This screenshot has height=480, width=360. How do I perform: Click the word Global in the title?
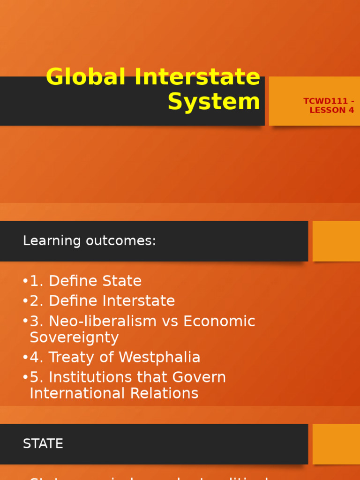pos(87,77)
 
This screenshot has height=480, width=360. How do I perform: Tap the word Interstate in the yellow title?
pos(197,77)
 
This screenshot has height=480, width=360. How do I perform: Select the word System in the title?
pos(214,102)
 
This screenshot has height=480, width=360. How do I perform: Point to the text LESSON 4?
pos(332,111)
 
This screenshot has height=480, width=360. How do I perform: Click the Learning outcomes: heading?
pos(89,241)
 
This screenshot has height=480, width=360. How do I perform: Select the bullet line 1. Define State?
pos(85,281)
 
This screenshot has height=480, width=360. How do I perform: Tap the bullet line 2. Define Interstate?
pos(102,301)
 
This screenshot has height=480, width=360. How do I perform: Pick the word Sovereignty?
pos(74,337)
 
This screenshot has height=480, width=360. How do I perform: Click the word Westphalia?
pos(160,358)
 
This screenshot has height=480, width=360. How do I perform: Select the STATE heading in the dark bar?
pos(43,444)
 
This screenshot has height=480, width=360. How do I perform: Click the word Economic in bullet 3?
pos(219,322)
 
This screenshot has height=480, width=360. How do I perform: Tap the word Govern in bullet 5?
pos(199,377)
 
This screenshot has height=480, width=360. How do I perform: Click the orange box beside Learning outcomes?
pos(336,241)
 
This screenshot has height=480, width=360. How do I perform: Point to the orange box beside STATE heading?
pos(336,444)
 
